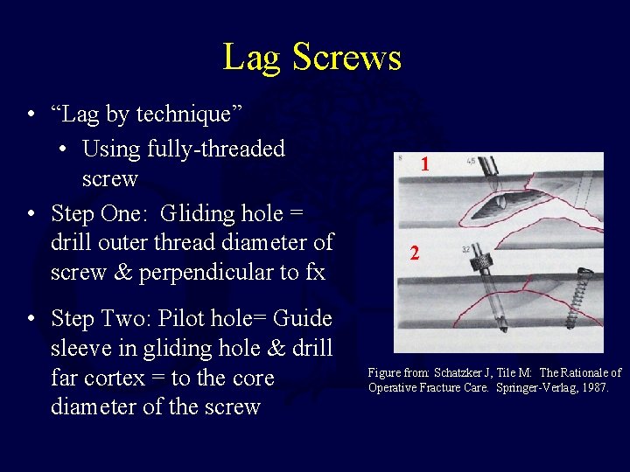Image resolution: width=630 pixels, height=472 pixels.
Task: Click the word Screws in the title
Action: click(x=347, y=58)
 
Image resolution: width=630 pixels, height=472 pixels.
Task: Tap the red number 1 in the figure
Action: click(x=424, y=164)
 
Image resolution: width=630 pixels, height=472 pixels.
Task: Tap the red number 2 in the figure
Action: click(x=416, y=254)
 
